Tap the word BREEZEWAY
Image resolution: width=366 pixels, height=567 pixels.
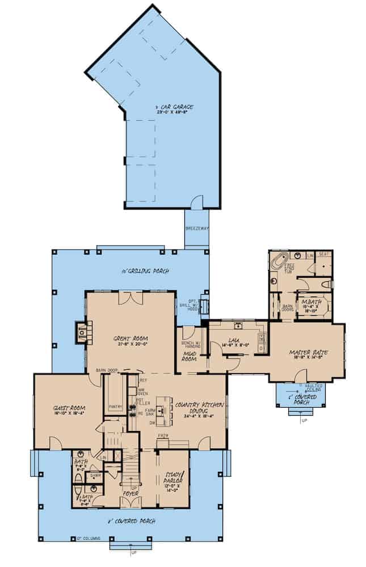coord(196,228)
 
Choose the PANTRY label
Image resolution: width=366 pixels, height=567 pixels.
coord(116,407)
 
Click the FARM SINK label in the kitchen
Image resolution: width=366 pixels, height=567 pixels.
coord(152,411)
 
